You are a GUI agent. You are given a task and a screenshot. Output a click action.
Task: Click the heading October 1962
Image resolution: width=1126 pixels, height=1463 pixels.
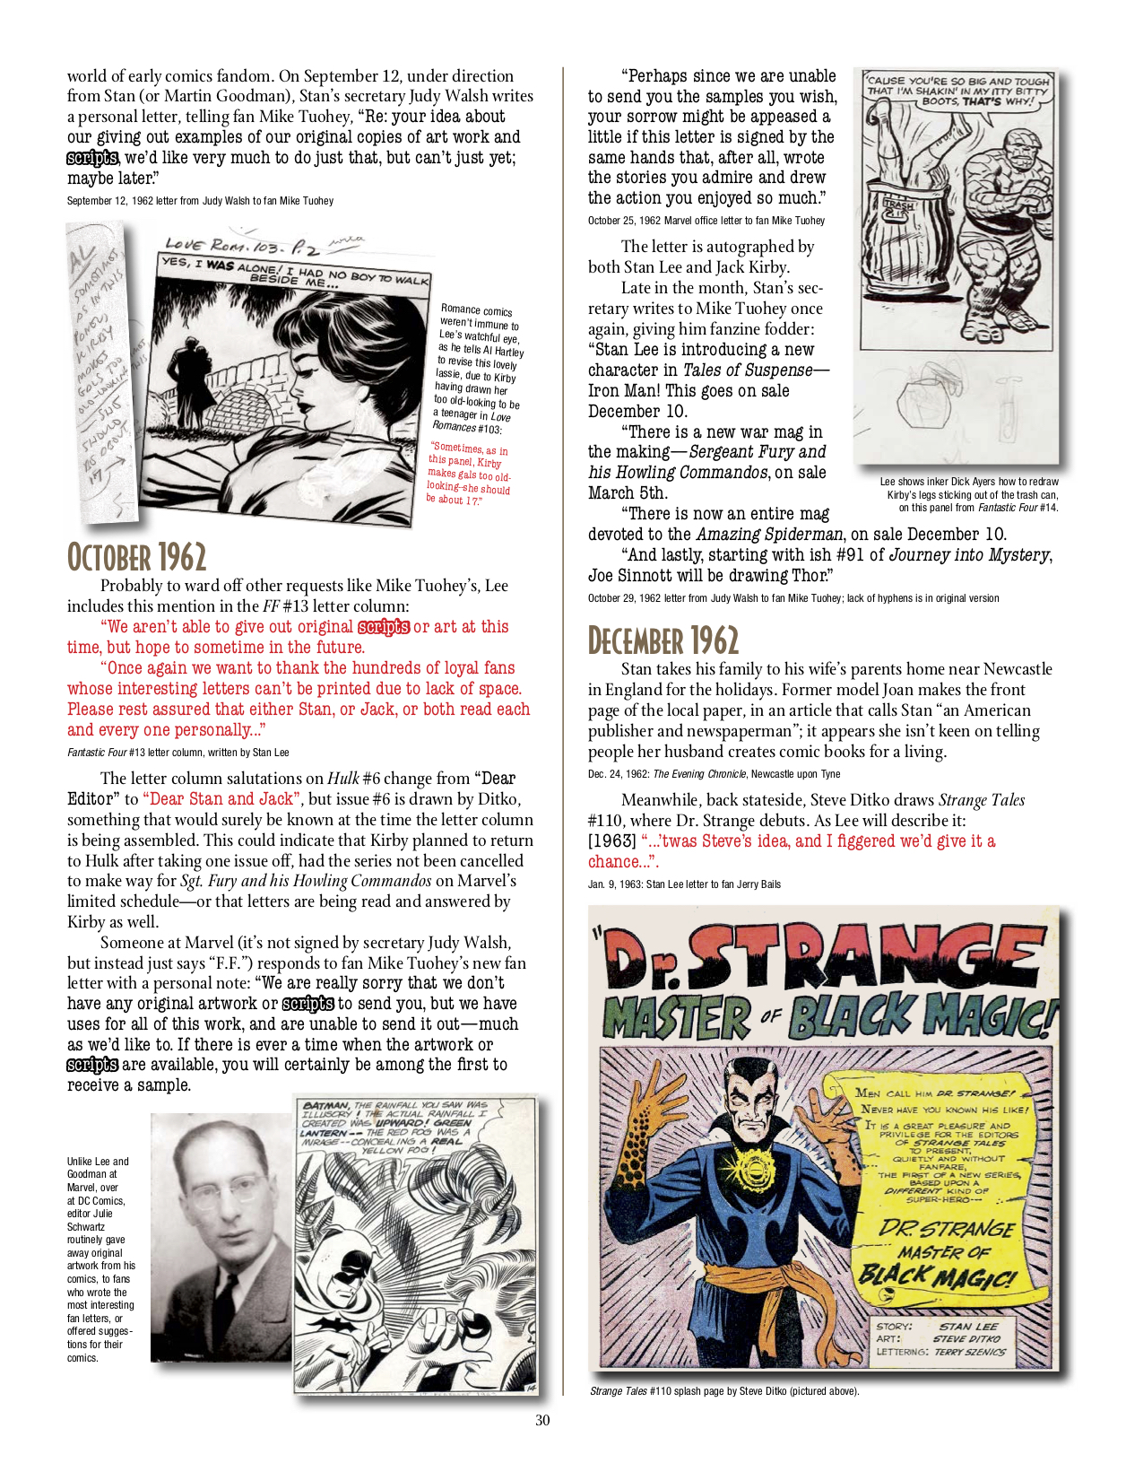[x=136, y=557]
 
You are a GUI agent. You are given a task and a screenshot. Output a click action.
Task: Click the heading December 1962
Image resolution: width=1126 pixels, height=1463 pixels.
[x=663, y=640]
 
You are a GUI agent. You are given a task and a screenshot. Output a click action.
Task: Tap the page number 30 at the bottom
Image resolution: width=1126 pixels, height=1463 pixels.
[x=542, y=1420]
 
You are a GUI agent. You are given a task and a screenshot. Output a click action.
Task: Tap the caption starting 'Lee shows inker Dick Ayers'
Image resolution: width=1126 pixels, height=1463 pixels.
[x=969, y=494]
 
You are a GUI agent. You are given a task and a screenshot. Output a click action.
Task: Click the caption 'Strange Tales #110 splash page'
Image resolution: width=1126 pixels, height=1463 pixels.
[x=723, y=1391]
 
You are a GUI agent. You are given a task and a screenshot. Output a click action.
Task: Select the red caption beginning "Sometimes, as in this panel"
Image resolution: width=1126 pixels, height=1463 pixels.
[x=469, y=473]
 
